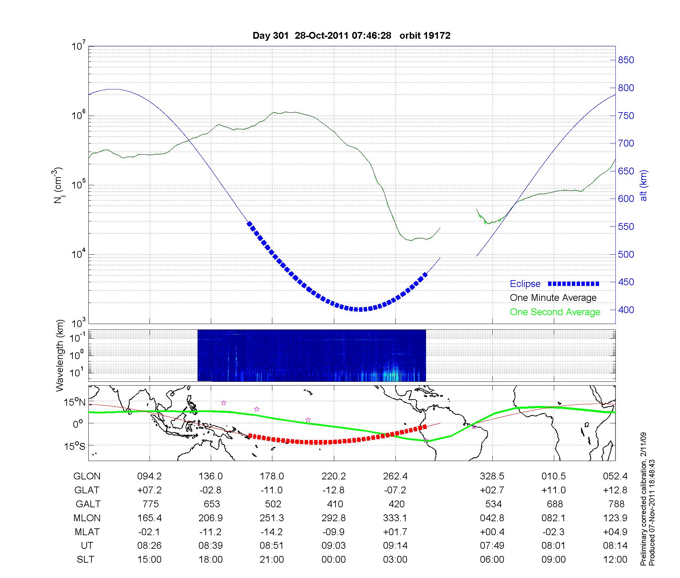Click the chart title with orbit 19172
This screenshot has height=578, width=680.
tap(351, 36)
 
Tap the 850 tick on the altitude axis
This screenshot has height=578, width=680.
tap(626, 60)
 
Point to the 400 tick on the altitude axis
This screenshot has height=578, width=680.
tap(626, 310)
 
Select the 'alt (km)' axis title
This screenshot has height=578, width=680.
tap(644, 185)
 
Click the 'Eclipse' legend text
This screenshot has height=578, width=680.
tap(525, 284)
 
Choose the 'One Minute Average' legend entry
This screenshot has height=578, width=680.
tap(553, 298)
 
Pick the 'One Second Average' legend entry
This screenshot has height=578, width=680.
tap(555, 312)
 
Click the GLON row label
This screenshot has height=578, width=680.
tap(87, 476)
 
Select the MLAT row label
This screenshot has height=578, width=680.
tap(87, 532)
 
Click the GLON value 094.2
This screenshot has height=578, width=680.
tap(149, 476)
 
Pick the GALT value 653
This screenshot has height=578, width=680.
tap(211, 504)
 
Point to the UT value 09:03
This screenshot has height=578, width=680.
tap(334, 546)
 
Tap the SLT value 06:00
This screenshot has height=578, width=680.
tap(492, 560)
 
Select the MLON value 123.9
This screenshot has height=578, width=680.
tap(615, 518)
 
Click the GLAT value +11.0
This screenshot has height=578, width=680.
tap(554, 490)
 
